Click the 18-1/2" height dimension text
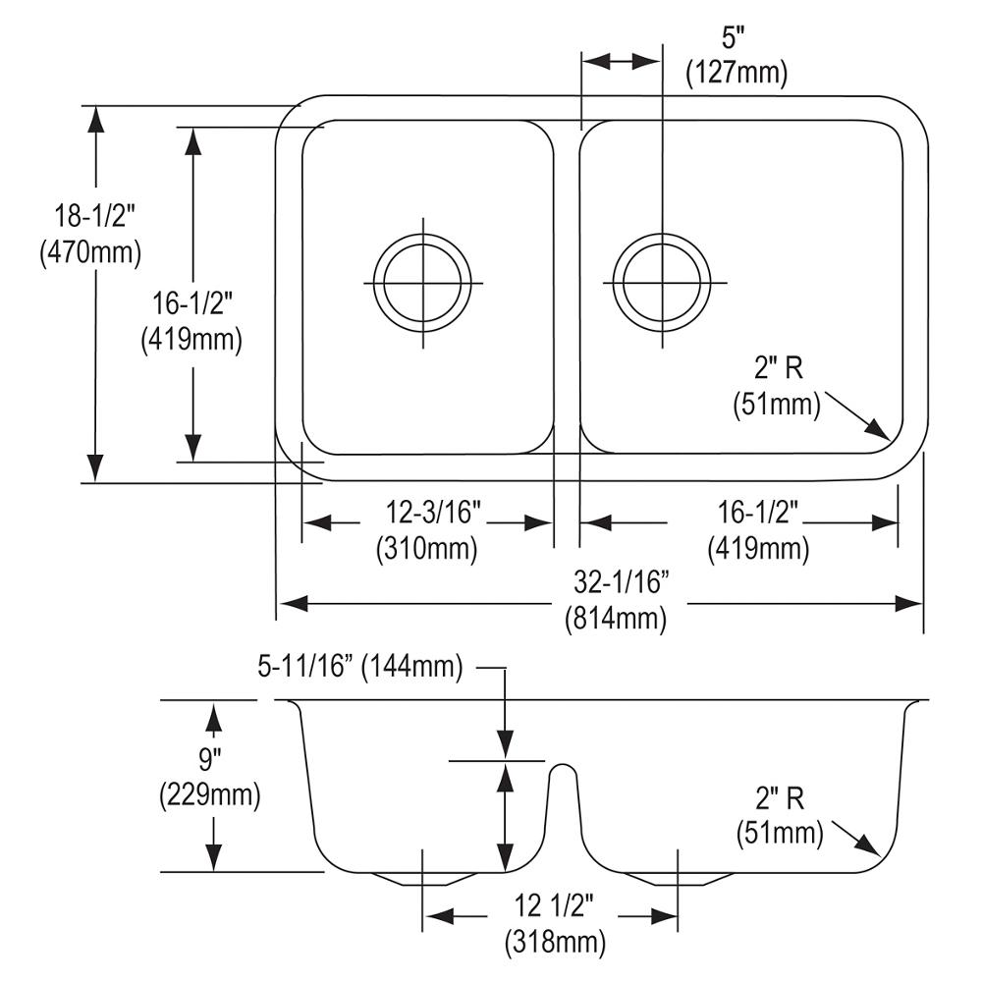(x=94, y=217)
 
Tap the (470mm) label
(x=90, y=252)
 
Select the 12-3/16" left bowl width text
(x=433, y=513)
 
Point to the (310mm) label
(x=427, y=549)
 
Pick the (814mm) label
(x=616, y=619)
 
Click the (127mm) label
(x=736, y=74)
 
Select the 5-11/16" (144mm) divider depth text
(x=360, y=667)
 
